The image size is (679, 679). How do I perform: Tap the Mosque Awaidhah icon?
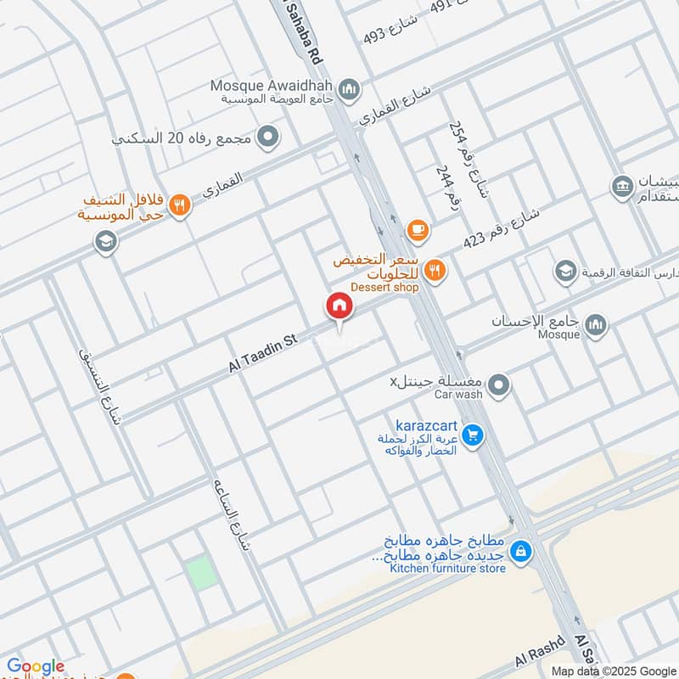348,88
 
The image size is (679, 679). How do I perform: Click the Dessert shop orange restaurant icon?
434,271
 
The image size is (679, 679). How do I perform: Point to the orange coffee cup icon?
417,229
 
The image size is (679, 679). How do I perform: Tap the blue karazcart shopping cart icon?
474,436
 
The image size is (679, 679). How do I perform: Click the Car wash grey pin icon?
500,387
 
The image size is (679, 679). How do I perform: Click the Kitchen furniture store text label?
447,568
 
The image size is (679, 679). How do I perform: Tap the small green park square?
200,574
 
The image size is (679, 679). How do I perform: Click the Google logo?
35,666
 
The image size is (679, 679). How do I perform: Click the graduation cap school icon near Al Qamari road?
106,243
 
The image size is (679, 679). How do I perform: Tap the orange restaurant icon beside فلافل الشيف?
178,205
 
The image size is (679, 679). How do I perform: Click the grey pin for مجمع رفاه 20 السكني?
268,136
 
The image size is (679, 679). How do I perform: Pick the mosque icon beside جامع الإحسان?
596,324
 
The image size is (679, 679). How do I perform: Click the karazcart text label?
426,424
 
